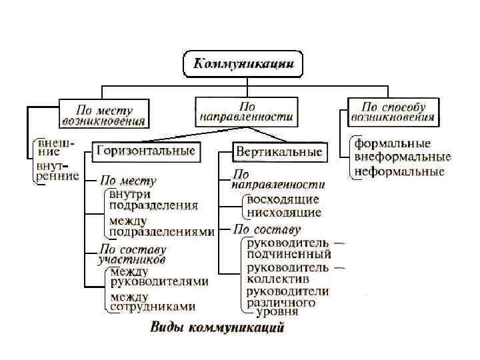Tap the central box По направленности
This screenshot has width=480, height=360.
246,111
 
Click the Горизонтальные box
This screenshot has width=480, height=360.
146,151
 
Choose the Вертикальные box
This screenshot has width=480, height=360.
279,153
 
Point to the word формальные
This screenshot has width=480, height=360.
392,143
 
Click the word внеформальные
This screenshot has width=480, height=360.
403,157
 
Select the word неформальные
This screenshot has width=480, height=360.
399,171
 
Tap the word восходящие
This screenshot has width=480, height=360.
283,199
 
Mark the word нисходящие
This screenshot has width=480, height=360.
283,213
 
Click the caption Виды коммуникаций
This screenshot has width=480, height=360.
217,327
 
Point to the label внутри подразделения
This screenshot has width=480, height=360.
153,199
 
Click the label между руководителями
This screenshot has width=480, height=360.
159,277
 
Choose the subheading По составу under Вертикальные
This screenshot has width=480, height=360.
267,229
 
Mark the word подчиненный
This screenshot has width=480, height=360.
288,254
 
